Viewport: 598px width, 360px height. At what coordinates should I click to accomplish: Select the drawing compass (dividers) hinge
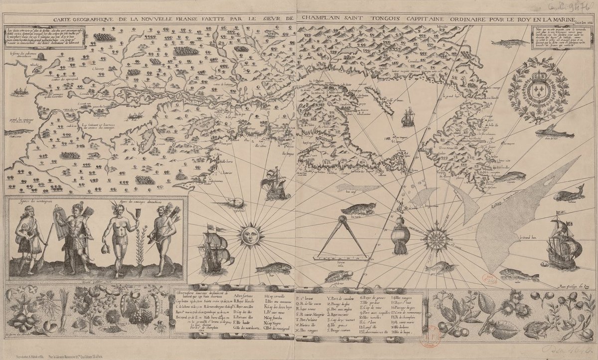pos(342,218)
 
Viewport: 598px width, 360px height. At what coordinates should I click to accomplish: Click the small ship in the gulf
pos(408,117)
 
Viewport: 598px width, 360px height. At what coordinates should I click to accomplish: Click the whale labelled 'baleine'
pos(570,193)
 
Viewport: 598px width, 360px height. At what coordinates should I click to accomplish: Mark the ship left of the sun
pos(216,248)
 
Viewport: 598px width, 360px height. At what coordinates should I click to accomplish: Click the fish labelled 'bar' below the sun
pos(274,268)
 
